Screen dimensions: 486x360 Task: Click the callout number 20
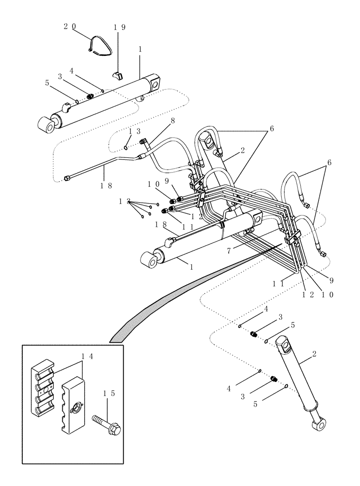(x=70, y=27)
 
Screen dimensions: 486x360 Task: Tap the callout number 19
(x=120, y=27)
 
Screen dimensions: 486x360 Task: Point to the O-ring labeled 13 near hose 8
(x=126, y=148)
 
